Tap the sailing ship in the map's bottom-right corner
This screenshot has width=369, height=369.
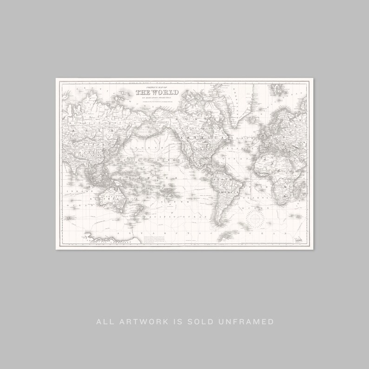[x=297, y=238]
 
